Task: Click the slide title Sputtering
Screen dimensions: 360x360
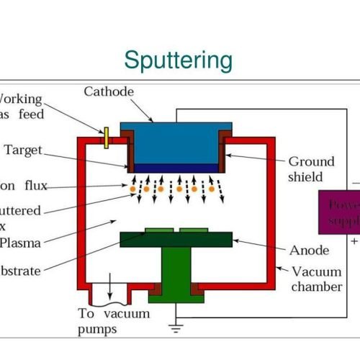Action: (x=179, y=60)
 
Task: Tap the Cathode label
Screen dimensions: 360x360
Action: (x=109, y=91)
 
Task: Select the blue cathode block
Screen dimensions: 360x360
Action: (x=176, y=143)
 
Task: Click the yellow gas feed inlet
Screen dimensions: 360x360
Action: (x=106, y=137)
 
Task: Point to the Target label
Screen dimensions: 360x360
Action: (x=24, y=150)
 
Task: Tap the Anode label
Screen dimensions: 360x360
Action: (x=309, y=251)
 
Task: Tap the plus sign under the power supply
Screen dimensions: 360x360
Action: (x=354, y=243)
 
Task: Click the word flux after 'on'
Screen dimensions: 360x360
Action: (x=34, y=186)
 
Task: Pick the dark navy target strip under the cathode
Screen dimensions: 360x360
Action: (x=176, y=168)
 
